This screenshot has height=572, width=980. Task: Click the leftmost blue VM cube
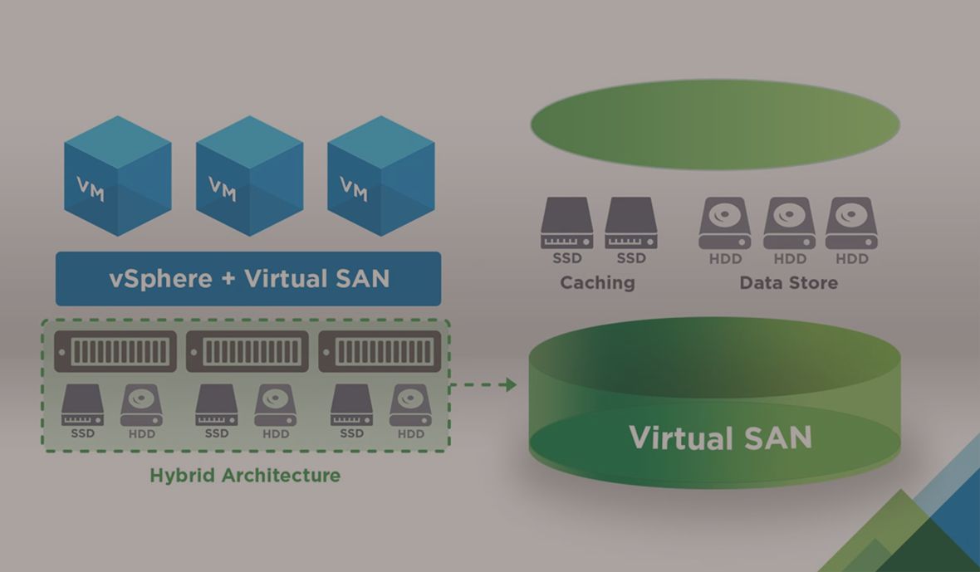(117, 175)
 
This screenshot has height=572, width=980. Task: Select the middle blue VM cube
(249, 175)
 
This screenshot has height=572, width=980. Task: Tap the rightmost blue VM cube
(380, 175)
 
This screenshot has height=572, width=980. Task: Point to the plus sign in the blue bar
(228, 279)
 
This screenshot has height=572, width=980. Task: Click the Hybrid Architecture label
(245, 476)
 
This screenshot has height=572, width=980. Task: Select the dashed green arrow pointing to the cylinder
(483, 384)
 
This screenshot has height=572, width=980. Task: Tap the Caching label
(597, 283)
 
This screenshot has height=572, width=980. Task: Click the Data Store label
(788, 283)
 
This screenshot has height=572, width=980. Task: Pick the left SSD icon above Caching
(567, 223)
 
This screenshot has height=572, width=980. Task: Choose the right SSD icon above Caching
(631, 223)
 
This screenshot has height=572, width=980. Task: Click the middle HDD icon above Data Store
(790, 223)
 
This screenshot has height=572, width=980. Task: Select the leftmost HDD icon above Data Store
(725, 223)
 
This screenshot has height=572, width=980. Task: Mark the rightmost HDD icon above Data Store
(852, 223)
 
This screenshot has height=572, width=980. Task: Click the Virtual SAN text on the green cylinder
(719, 438)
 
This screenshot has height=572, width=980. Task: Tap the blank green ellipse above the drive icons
(715, 125)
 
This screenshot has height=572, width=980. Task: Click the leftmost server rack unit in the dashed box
(116, 351)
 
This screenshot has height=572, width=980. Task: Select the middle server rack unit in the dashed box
(247, 351)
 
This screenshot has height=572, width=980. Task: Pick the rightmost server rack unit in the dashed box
(380, 351)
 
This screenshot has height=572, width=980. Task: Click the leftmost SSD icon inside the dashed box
(82, 405)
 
